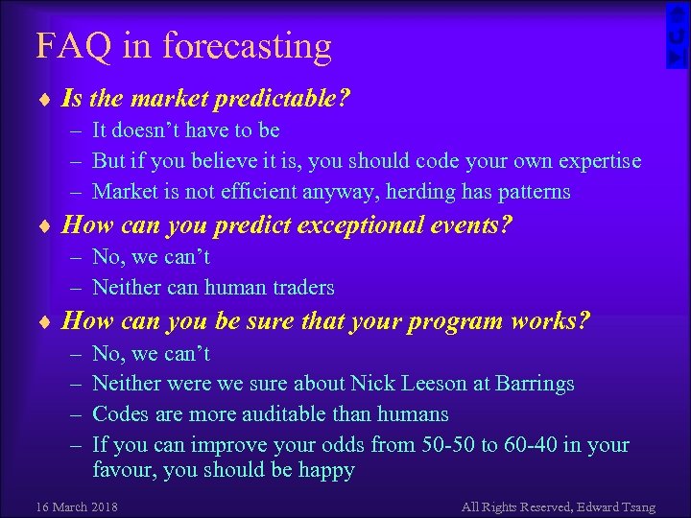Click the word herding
tap(419, 192)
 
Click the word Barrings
tap(536, 384)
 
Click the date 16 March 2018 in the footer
tap(76, 506)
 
